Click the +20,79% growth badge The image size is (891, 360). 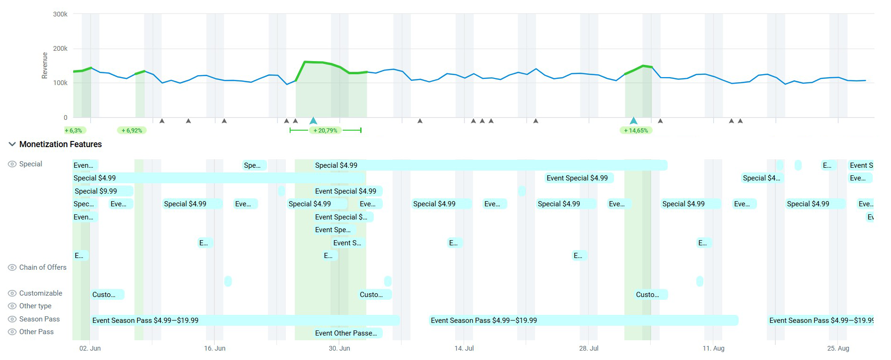click(x=325, y=130)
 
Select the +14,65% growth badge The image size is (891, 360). click(x=636, y=130)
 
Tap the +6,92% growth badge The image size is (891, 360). click(x=132, y=130)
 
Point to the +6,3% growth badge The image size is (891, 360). click(x=74, y=130)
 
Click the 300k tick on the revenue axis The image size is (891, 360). click(x=60, y=15)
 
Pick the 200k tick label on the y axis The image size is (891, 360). click(x=60, y=49)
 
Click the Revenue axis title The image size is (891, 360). click(x=45, y=65)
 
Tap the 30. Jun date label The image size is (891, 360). click(x=339, y=348)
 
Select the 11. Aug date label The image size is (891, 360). click(x=713, y=348)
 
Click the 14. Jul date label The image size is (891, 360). click(x=464, y=348)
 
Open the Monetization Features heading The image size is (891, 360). click(x=60, y=144)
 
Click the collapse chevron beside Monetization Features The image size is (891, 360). click(x=12, y=144)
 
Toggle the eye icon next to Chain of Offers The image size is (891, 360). click(x=12, y=267)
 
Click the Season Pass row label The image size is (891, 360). click(x=39, y=319)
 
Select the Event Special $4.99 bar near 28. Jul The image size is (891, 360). click(x=578, y=178)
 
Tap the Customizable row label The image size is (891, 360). click(x=40, y=293)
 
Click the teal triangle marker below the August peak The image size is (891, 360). click(x=633, y=121)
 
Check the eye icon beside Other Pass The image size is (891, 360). click(x=12, y=332)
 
